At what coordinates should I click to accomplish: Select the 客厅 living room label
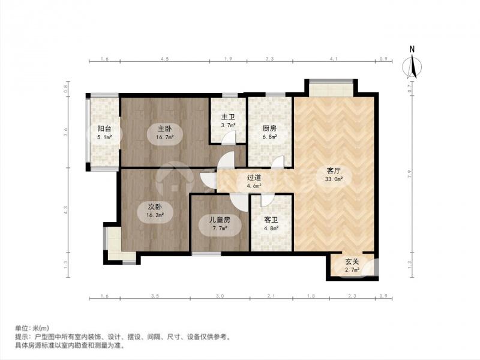[x=334, y=170]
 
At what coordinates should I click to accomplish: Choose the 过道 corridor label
[x=254, y=178]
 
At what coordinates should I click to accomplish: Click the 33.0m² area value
[x=334, y=179]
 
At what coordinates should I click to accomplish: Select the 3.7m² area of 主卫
[x=227, y=126]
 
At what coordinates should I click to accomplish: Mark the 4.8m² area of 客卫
[x=271, y=228]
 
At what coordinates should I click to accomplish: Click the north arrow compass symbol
[x=412, y=67]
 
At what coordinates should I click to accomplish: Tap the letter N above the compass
[x=412, y=49]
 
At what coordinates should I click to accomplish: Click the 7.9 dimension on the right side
[x=411, y=175]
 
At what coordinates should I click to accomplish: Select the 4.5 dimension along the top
[x=164, y=59]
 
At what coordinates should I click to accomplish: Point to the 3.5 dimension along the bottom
[x=155, y=296]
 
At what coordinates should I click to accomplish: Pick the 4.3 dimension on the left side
[x=66, y=211]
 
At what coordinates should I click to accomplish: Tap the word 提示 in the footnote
[x=22, y=337]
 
